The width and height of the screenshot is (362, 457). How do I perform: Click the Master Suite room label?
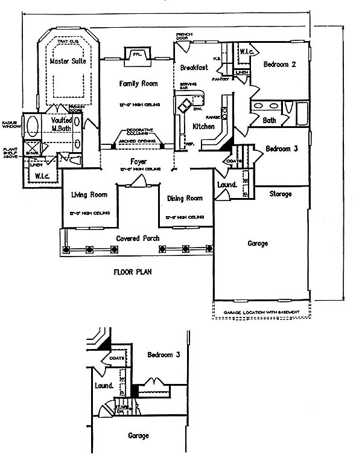click(x=68, y=62)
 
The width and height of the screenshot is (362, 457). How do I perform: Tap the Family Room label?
click(x=138, y=83)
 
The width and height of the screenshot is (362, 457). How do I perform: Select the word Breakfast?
click(x=193, y=68)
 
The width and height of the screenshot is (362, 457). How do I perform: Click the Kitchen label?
click(x=203, y=127)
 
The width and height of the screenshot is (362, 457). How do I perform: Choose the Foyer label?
click(x=139, y=162)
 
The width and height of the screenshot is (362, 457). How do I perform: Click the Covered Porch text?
click(x=138, y=238)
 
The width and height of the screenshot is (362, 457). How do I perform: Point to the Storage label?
click(x=280, y=194)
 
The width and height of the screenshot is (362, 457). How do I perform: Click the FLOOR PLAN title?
click(x=133, y=272)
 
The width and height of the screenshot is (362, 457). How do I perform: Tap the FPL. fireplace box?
click(x=136, y=54)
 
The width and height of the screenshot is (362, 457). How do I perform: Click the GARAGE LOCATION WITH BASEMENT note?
click(x=263, y=312)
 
